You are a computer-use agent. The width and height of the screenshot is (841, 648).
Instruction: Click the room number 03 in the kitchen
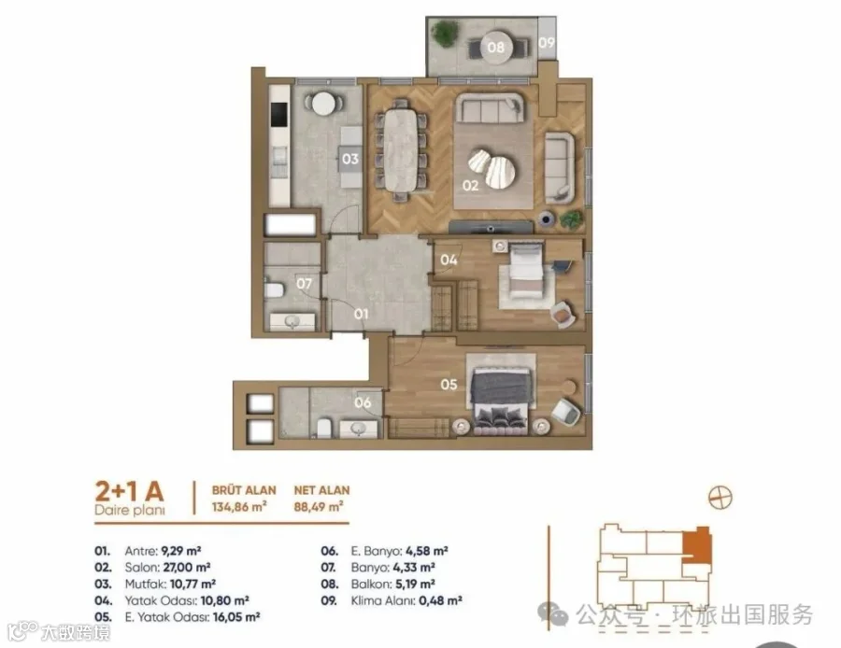(x=349, y=159)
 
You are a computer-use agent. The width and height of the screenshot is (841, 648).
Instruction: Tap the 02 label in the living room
(x=470, y=186)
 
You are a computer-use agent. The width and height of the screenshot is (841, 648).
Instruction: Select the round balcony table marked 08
(x=496, y=48)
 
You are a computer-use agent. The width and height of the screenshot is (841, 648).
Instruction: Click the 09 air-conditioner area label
(x=547, y=42)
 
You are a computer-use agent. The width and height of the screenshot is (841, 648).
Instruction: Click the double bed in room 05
(x=501, y=392)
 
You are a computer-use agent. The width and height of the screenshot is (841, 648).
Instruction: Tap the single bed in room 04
(x=526, y=270)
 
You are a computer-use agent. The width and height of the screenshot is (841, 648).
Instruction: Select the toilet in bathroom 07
(x=274, y=290)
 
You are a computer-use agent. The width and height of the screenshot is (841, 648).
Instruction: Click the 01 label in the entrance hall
(x=362, y=314)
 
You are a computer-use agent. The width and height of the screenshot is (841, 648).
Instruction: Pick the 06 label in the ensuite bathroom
(x=363, y=402)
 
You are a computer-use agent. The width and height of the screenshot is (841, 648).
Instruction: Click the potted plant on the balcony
(x=445, y=34)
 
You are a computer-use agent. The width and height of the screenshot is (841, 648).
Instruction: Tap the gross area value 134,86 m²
(x=239, y=506)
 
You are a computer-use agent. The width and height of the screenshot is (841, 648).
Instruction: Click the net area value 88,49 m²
(x=319, y=506)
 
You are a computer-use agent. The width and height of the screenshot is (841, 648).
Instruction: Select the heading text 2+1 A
(x=129, y=490)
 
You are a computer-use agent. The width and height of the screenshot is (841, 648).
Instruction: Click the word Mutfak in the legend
(x=146, y=584)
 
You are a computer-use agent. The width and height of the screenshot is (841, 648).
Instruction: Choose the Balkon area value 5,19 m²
(x=414, y=584)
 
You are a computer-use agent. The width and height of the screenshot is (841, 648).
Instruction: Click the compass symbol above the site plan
(x=720, y=498)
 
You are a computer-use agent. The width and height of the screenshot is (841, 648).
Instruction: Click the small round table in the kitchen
(x=323, y=104)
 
